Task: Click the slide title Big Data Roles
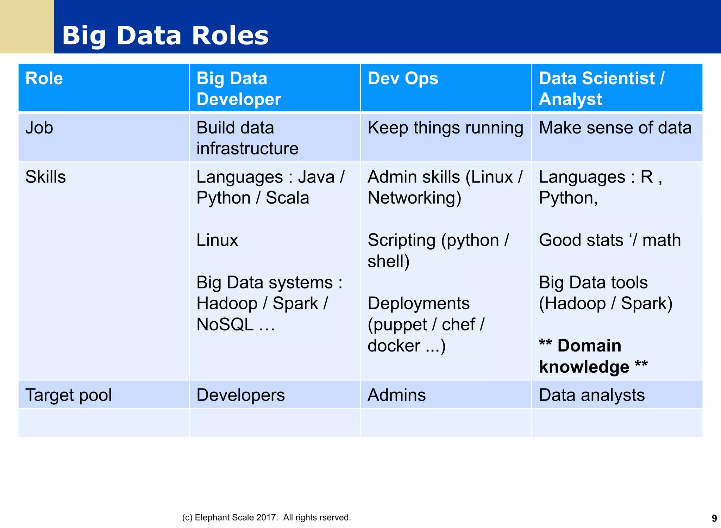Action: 165,36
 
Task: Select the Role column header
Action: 44,78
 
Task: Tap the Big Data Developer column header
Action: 238,88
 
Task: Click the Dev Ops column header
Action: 403,78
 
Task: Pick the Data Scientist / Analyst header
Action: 601,88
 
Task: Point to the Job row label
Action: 39,128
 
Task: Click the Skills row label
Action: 45,177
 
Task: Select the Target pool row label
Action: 68,395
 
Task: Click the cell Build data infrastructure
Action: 247,138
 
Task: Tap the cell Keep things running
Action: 445,128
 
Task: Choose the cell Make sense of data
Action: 615,128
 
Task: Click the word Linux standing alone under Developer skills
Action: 217,240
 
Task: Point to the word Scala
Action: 287,198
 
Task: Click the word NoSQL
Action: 225,324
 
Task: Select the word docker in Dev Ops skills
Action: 394,346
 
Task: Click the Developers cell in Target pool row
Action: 240,395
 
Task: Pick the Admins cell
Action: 396,395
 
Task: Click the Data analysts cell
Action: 591,395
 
